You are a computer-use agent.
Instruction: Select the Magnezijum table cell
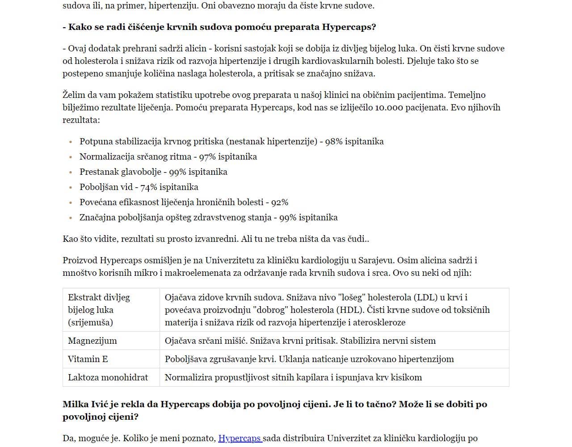pos(93,341)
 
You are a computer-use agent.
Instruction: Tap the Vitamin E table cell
pos(88,359)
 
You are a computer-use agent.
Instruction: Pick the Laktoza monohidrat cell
pos(108,377)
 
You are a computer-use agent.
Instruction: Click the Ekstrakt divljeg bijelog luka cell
pos(99,310)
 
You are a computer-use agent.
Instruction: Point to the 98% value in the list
pos(333,142)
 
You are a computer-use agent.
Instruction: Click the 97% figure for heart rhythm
pos(207,157)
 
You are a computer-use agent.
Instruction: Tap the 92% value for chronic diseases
pos(279,202)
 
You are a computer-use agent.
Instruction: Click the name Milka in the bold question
pos(76,404)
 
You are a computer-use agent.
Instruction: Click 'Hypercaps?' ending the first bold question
pos(349,27)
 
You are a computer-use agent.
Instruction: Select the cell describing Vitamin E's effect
pos(309,359)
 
